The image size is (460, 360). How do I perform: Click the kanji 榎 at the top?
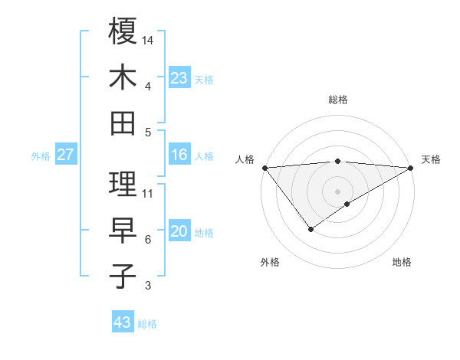click(x=123, y=31)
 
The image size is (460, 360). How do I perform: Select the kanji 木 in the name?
click(x=123, y=77)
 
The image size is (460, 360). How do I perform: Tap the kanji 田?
click(x=123, y=123)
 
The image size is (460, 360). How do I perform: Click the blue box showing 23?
click(x=179, y=77)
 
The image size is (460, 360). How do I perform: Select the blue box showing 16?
click(x=179, y=155)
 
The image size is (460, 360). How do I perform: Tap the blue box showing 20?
click(x=179, y=231)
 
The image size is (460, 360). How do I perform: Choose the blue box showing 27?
click(x=66, y=155)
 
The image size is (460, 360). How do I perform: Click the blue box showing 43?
click(x=123, y=322)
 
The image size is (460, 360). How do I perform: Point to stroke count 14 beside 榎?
click(x=148, y=39)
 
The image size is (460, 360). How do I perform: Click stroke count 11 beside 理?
click(x=148, y=193)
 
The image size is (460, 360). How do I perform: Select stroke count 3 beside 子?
click(x=148, y=286)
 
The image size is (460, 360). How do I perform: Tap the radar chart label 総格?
click(x=338, y=100)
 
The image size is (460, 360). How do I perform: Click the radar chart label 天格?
click(x=431, y=159)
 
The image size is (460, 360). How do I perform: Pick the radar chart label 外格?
click(x=269, y=262)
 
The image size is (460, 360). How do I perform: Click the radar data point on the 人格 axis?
click(x=264, y=167)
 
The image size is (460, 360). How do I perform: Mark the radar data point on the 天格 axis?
click(x=412, y=167)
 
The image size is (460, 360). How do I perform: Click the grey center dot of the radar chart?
click(x=338, y=190)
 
